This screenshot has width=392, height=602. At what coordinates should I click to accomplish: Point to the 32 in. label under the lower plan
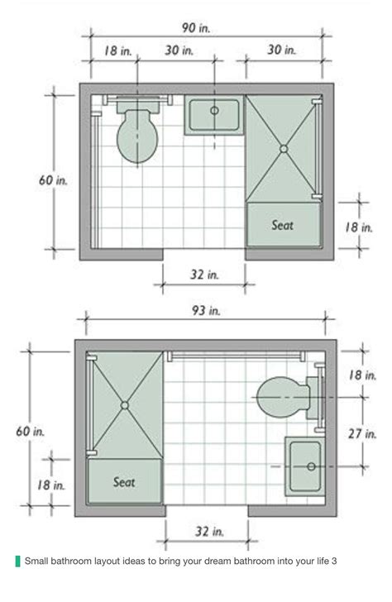point(207,532)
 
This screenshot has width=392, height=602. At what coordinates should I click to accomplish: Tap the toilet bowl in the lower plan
point(281,399)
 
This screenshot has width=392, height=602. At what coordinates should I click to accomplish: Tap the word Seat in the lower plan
point(124,482)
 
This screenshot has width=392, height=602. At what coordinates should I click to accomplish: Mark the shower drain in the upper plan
point(284,149)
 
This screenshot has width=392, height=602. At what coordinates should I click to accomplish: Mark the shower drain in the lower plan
point(124,405)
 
